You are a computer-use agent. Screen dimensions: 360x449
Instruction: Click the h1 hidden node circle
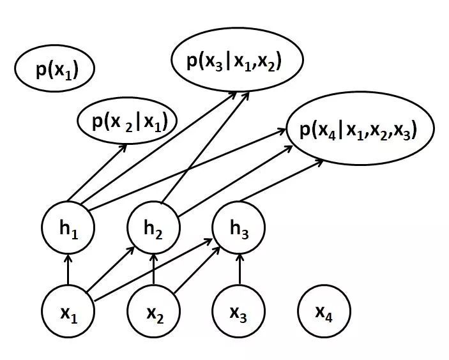68,229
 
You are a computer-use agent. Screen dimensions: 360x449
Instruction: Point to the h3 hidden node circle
239,229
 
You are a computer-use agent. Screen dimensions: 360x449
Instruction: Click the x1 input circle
68,312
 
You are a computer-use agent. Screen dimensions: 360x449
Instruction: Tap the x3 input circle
239,312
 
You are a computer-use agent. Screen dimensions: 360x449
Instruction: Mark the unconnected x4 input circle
324,312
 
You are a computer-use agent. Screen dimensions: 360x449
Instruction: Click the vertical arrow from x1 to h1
68,271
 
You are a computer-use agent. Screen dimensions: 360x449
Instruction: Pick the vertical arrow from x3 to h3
239,271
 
